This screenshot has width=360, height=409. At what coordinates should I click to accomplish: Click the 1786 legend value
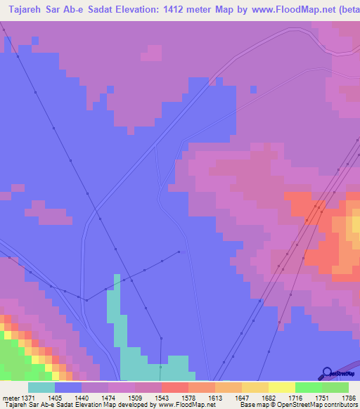pyautogui.click(x=349, y=397)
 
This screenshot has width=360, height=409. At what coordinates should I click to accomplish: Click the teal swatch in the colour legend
pyautogui.click(x=41, y=387)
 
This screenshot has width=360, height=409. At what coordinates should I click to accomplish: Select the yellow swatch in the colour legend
pyautogui.click(x=281, y=387)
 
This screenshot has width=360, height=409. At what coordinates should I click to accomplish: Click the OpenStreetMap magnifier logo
pyautogui.click(x=326, y=372)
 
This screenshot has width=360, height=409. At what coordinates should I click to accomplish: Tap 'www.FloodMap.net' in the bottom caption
pyautogui.click(x=186, y=405)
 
